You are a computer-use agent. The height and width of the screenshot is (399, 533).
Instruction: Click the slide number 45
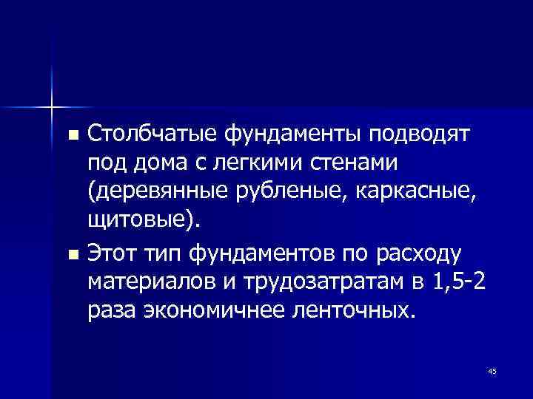[492, 371]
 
